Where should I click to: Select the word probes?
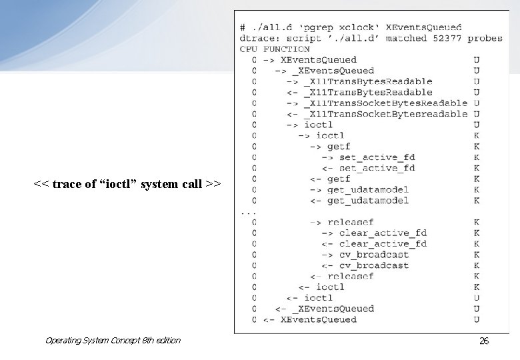click(485, 38)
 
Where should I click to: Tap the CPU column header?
click(249, 49)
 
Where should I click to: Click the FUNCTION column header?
click(287, 49)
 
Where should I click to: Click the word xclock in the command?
click(357, 27)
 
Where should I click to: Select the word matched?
click(406, 38)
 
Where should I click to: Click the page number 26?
click(484, 341)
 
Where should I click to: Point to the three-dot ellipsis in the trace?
click(247, 211)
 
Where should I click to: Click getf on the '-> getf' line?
click(339, 146)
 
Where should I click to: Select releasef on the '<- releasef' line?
click(351, 276)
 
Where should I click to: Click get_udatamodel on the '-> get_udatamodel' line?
click(368, 189)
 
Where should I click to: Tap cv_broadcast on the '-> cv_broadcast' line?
click(374, 254)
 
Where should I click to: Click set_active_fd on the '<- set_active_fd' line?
click(377, 168)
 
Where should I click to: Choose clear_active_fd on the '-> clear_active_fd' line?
click(383, 233)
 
